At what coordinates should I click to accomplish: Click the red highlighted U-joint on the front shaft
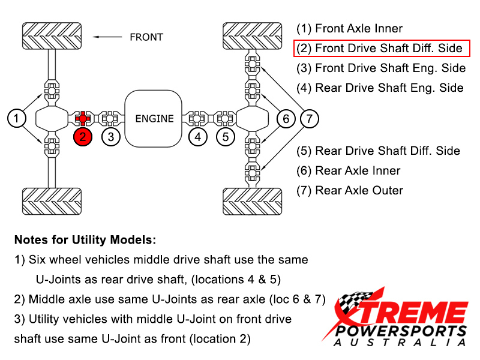[83, 117]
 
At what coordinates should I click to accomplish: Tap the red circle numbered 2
[83, 137]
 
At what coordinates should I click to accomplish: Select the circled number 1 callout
[17, 118]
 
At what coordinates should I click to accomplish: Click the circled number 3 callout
[111, 137]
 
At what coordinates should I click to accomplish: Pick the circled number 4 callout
[198, 137]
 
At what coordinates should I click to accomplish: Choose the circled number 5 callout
[226, 137]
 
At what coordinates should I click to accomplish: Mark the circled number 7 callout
[309, 119]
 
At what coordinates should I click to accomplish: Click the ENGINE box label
[154, 119]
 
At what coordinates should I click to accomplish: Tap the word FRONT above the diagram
[146, 37]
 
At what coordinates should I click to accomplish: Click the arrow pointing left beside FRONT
[108, 37]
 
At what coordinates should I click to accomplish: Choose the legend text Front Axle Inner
[350, 28]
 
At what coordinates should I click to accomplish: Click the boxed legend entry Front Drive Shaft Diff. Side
[382, 48]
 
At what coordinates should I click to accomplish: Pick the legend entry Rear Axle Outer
[350, 190]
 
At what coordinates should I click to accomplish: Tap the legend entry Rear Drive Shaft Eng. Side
[380, 88]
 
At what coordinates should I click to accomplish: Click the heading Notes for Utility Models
[85, 240]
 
